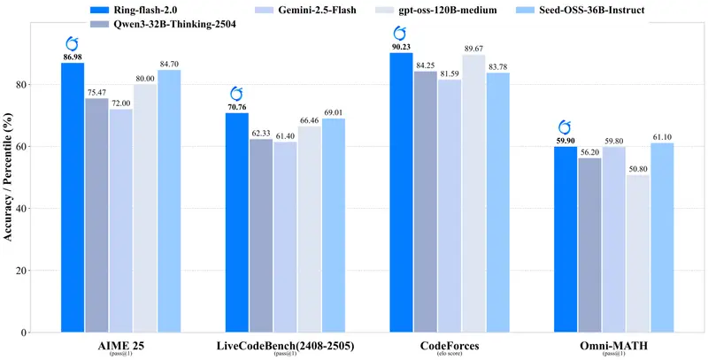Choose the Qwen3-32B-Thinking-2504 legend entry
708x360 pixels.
[163, 24]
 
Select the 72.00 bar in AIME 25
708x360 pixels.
[120, 220]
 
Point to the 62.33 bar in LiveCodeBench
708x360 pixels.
[261, 235]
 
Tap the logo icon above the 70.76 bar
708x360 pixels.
[237, 93]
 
